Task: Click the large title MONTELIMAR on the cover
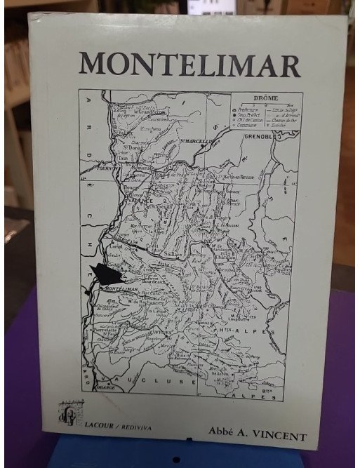[x=189, y=64]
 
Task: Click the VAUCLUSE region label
[x=165, y=382]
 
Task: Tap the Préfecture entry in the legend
[x=249, y=109]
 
